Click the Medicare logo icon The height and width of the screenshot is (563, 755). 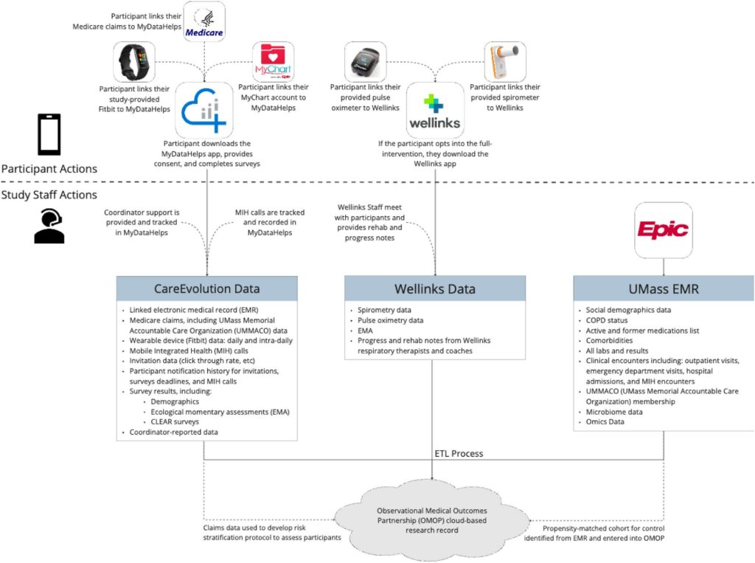pyautogui.click(x=204, y=21)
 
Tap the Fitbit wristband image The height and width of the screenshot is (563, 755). pyautogui.click(x=134, y=62)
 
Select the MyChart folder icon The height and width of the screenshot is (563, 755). pyautogui.click(x=273, y=62)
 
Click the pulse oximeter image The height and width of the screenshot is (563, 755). pyautogui.click(x=366, y=62)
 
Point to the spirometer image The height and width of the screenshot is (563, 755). pyautogui.click(x=504, y=62)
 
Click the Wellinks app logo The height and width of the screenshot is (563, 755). pyautogui.click(x=435, y=111)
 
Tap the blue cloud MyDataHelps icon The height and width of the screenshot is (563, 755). pyautogui.click(x=204, y=111)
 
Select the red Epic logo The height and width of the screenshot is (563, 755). pyautogui.click(x=664, y=230)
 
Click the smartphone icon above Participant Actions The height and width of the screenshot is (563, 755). pyautogui.click(x=49, y=134)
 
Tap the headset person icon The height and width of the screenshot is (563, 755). pyautogui.click(x=49, y=226)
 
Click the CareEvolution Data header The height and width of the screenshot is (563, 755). pyautogui.click(x=207, y=289)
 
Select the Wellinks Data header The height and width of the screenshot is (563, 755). pyautogui.click(x=435, y=289)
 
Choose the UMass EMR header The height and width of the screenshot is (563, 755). pyautogui.click(x=664, y=289)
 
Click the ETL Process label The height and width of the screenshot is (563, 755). pyautogui.click(x=459, y=454)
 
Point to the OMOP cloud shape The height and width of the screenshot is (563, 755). pyautogui.click(x=432, y=520)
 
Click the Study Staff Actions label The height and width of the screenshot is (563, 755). pyautogui.click(x=49, y=195)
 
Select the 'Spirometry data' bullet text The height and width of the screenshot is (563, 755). pyautogui.click(x=384, y=310)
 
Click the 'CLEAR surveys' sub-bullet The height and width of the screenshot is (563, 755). pyautogui.click(x=175, y=422)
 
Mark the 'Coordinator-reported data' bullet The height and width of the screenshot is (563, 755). pyautogui.click(x=173, y=432)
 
